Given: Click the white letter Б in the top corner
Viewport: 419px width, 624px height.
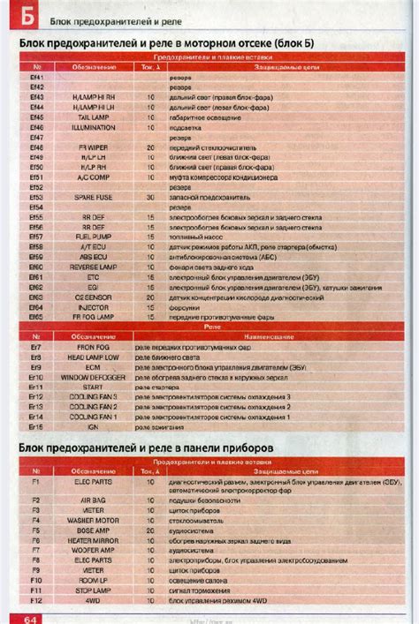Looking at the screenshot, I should coord(28,15).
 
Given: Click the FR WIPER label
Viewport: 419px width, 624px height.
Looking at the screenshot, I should coord(95,147).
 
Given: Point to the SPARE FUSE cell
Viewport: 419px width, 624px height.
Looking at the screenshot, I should coord(95,197).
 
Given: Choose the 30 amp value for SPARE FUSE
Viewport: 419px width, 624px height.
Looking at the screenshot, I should coord(149,197).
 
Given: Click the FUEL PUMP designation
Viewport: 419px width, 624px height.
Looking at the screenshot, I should coord(95,237).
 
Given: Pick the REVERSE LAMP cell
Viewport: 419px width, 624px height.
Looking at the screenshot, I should coord(95,267).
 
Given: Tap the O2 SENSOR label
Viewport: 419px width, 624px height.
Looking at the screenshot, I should coord(95,297).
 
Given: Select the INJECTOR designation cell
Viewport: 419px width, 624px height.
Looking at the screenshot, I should coord(95,306).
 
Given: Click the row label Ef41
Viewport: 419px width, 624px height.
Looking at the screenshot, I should coord(36,77).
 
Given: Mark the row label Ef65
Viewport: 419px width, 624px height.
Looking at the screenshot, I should coord(36,316).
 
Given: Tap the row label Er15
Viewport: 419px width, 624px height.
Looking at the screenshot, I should coord(36,426).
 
